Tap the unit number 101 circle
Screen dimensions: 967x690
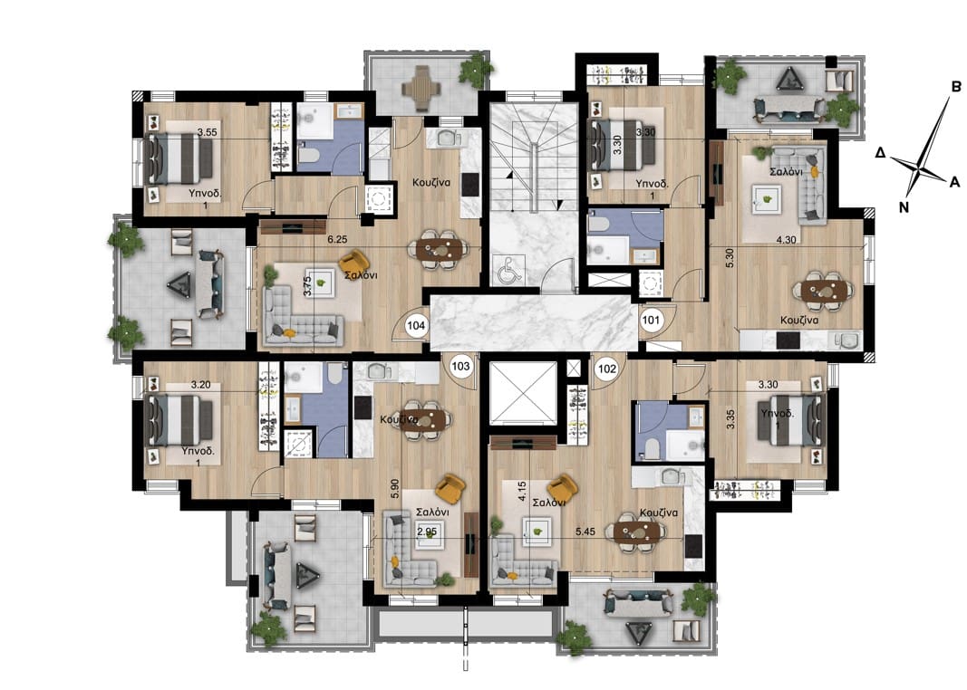tap(651, 321)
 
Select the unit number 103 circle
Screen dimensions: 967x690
tap(461, 366)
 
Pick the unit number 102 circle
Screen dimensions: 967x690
tap(607, 369)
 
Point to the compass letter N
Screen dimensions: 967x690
tap(904, 207)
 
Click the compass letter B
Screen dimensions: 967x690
tap(956, 87)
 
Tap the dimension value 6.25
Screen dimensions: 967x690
tap(337, 240)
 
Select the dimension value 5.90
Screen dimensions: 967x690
tap(395, 489)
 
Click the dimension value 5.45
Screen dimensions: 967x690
tap(585, 531)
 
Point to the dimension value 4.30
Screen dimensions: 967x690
tap(786, 240)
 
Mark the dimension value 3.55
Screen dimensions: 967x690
tap(208, 132)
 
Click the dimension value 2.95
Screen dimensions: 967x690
tap(427, 531)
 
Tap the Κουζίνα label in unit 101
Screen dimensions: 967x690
tap(798, 321)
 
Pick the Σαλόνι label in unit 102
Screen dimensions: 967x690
tap(549, 503)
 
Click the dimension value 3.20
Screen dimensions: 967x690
tap(201, 385)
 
